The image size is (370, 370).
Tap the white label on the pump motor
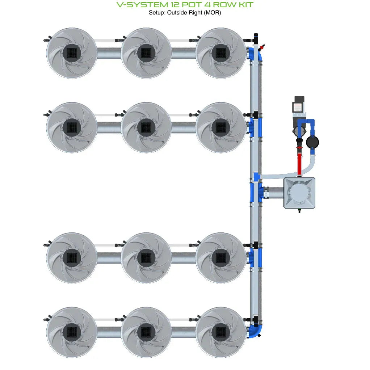coord(298,107)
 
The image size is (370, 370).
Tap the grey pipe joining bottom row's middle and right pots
coord(183,332)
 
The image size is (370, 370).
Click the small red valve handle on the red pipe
coord(299,148)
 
